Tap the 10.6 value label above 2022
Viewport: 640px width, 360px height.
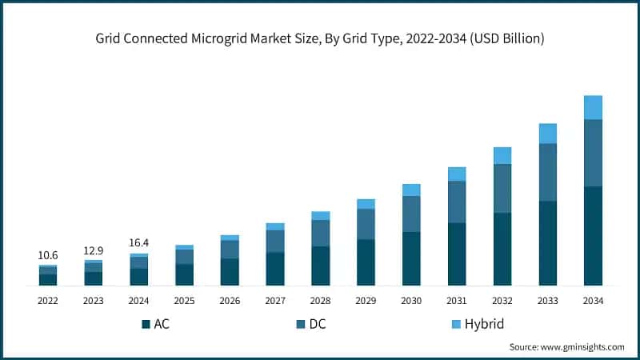pos(47,255)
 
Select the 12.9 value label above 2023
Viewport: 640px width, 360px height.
pos(93,250)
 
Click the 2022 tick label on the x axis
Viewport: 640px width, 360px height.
pos(47,301)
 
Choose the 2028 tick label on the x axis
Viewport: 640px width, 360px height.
pos(320,301)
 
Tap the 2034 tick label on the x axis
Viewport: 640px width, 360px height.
pos(593,301)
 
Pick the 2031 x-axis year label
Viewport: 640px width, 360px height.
pos(457,301)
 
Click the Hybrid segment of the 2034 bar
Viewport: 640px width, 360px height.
pos(593,107)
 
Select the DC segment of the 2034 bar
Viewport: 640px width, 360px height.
pos(593,153)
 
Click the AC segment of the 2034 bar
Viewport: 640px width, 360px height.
pos(593,236)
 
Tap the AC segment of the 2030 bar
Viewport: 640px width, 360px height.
pos(411,258)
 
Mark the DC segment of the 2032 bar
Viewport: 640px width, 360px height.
pos(502,189)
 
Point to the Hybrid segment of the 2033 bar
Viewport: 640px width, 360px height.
pos(547,134)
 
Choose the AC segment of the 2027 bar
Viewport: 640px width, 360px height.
pos(275,269)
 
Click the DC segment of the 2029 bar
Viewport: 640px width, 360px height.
pos(366,224)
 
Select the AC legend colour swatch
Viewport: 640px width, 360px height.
pos(146,324)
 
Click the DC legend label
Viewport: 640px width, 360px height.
pos(318,324)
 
